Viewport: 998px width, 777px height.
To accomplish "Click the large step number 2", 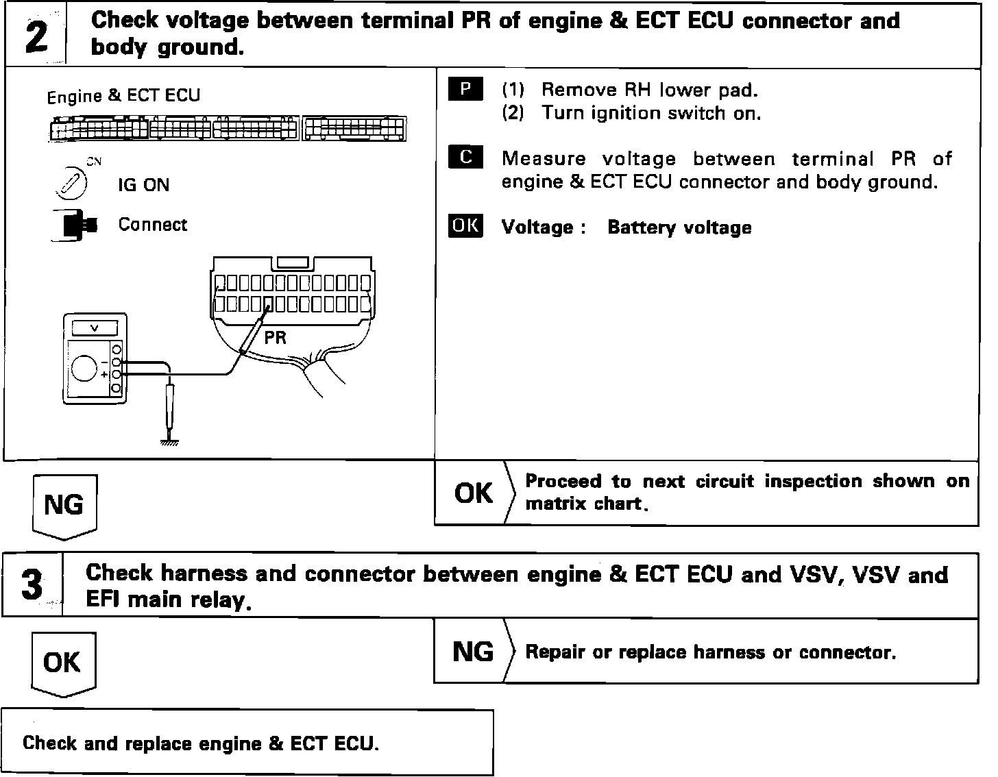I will pos(36,36).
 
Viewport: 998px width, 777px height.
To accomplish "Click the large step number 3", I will pos(32,586).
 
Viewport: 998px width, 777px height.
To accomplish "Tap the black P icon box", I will pos(465,90).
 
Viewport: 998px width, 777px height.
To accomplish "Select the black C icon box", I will pos(465,158).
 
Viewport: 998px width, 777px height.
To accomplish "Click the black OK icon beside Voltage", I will pos(465,226).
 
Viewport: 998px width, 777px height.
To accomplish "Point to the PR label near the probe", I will pos(275,337).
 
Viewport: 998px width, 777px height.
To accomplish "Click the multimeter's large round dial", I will pos(85,368).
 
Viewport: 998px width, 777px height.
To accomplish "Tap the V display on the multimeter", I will pos(94,328).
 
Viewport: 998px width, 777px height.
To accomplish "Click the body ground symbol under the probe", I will pos(169,442).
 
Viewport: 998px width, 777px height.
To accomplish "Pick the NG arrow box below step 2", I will pos(64,506).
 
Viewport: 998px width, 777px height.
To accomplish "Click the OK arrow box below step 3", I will pos(62,663).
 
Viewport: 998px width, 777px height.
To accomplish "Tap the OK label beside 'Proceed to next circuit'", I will pos(473,493).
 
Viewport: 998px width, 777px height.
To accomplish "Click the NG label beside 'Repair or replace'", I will pos(473,652).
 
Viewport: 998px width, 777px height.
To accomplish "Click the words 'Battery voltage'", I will pos(679,227).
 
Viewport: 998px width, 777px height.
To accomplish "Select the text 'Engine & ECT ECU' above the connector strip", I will pos(123,96).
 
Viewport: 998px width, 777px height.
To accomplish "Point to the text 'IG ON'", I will pos(143,185).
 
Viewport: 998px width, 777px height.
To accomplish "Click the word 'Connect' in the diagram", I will pos(152,225).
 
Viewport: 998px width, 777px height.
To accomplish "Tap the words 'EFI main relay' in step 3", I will pos(165,600).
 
